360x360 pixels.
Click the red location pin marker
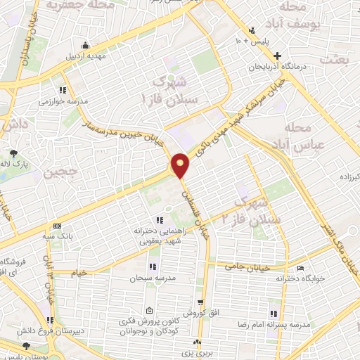[181, 165]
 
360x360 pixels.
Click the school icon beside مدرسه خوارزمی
[63, 90]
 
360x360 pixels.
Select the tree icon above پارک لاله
[14, 153]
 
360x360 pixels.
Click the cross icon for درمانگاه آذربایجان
[278, 56]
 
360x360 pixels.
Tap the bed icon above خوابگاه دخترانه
[300, 268]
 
